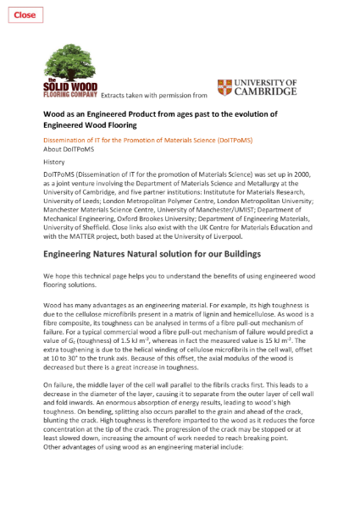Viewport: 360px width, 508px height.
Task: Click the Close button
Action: (25, 14)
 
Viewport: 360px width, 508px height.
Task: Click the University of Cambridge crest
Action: (224, 88)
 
